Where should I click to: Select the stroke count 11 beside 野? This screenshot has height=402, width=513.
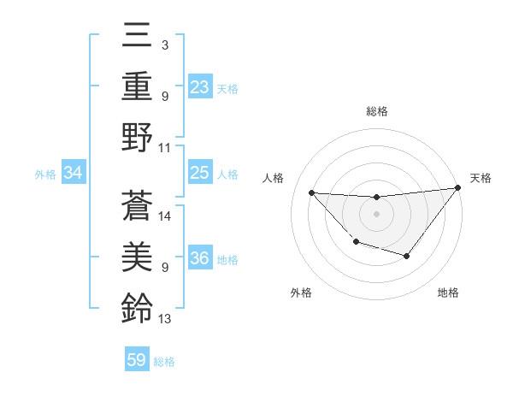165,148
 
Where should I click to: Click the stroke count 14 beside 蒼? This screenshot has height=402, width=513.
165,216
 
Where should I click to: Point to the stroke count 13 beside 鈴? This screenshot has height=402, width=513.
165,320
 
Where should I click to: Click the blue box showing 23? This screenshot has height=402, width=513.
199,87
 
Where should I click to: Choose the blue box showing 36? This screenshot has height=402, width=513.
199,258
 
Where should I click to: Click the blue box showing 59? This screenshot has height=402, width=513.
137,360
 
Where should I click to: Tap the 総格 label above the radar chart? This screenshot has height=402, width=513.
376,111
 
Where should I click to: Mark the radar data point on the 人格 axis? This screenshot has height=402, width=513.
311,192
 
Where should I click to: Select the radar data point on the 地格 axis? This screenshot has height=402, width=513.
407,256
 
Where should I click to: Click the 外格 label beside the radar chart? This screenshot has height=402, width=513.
301,293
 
